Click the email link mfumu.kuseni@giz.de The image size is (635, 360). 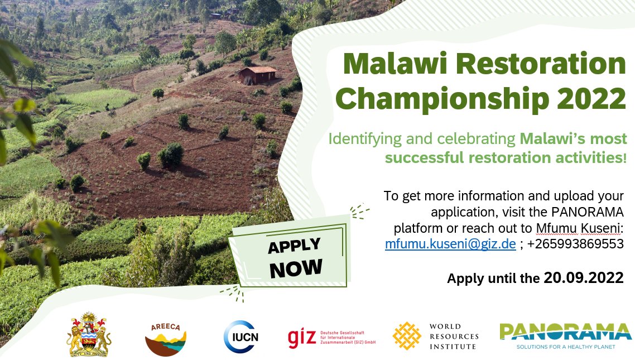(x=450, y=244)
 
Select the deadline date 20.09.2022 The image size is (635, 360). (x=583, y=277)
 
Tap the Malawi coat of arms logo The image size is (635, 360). (x=89, y=334)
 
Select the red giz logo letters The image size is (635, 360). (x=302, y=338)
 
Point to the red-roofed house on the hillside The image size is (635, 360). (x=257, y=74)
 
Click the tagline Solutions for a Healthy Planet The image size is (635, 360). (x=565, y=347)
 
